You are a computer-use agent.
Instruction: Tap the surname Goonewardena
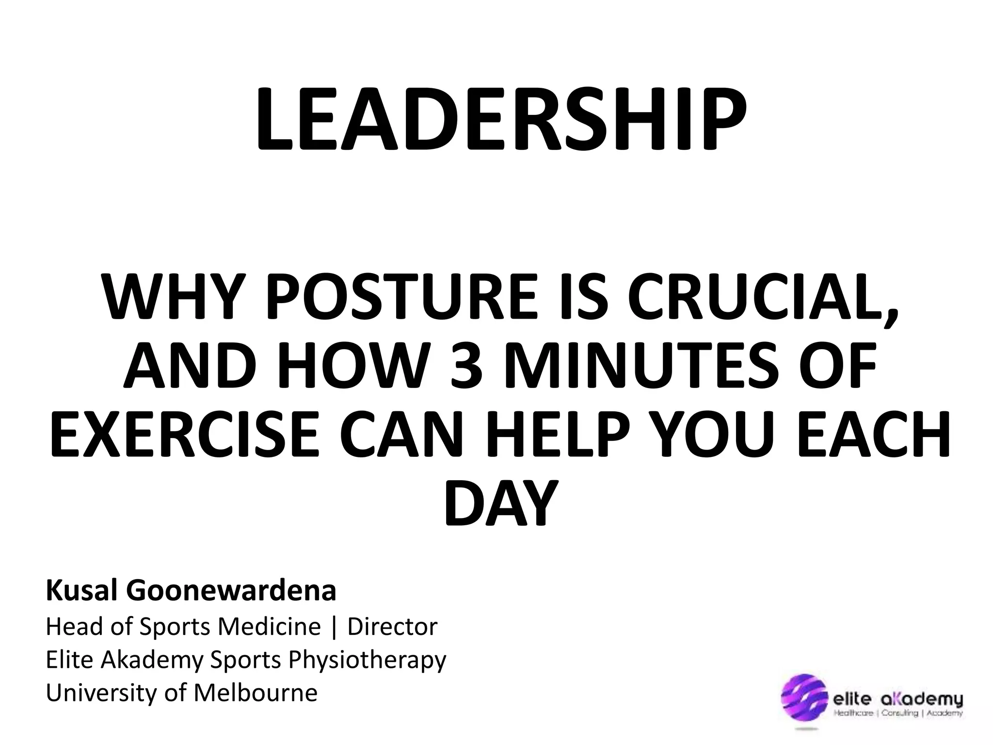coord(231,591)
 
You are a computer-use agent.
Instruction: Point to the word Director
coord(392,626)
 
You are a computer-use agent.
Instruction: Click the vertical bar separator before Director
coord(334,627)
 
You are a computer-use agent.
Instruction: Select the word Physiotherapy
coord(367,660)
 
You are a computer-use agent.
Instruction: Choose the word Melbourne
coord(256,693)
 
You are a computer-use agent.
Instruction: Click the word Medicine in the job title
coord(269,626)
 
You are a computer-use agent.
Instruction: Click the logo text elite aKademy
coord(897,700)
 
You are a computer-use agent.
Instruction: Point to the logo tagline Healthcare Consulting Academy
coord(897,713)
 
